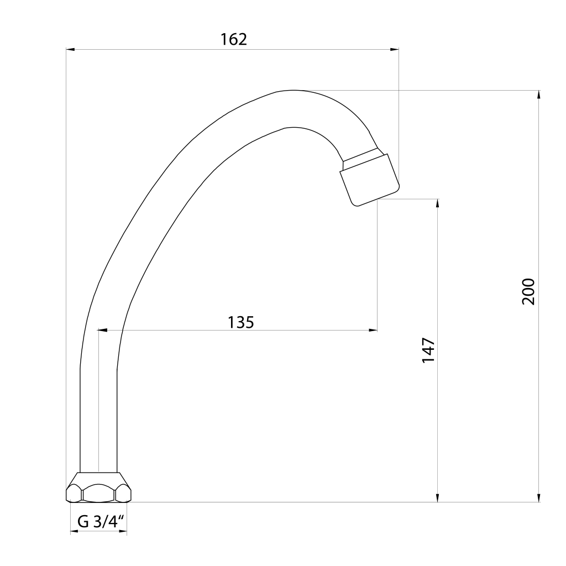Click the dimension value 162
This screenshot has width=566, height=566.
[x=234, y=39]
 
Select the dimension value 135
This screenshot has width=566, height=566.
[x=241, y=322]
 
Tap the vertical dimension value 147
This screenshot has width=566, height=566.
[x=428, y=350]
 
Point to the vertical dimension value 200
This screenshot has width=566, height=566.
[x=529, y=292]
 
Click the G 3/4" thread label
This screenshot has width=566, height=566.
[x=101, y=522]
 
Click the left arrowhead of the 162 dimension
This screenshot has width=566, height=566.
[x=70, y=49]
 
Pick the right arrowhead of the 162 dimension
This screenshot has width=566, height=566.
[x=395, y=49]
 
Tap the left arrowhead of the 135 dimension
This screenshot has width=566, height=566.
[x=102, y=330]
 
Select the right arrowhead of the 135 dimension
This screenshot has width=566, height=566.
[x=373, y=330]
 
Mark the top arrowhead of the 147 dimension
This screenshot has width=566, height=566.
[x=438, y=203]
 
